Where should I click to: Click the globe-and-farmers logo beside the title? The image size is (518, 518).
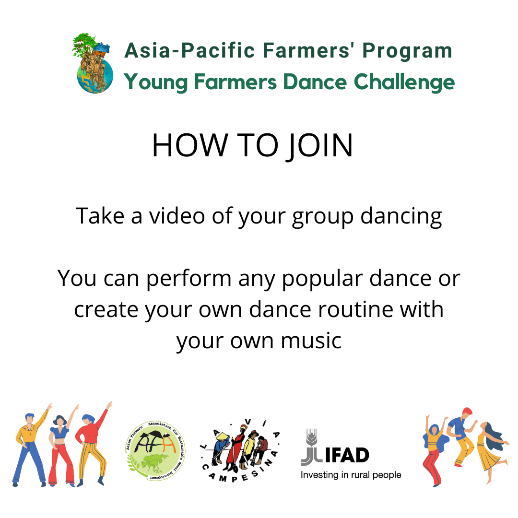click(x=93, y=63)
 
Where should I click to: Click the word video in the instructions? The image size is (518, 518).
click(x=177, y=216)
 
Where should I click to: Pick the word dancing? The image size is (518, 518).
click(x=401, y=217)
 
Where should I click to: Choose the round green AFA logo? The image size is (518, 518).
click(x=155, y=451)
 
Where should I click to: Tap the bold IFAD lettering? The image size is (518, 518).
click(x=347, y=456)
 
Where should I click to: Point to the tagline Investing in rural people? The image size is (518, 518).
click(x=351, y=475)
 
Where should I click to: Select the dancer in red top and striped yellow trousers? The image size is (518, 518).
click(x=93, y=444)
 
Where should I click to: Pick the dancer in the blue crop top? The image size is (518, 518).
click(x=61, y=446)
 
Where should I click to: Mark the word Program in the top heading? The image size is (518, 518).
click(x=407, y=51)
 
